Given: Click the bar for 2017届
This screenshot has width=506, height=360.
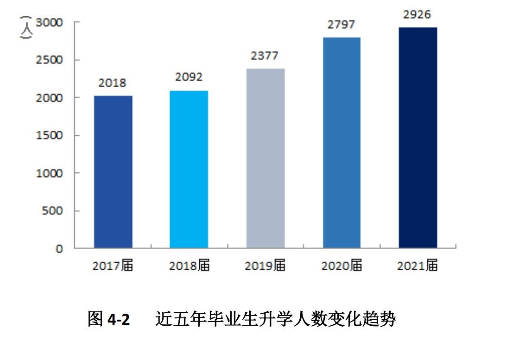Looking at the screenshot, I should (x=113, y=171).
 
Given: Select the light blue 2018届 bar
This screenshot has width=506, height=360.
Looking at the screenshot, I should (x=189, y=169).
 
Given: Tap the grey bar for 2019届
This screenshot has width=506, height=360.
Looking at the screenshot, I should (x=265, y=158).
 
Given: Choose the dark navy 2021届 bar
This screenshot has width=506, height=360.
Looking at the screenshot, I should (x=417, y=138).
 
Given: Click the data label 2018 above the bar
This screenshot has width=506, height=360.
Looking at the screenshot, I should (x=112, y=83).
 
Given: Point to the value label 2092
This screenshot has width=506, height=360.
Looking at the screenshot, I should (x=189, y=77).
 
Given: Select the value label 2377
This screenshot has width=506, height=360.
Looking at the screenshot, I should (x=265, y=56).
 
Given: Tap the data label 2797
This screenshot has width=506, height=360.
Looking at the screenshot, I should (x=342, y=25).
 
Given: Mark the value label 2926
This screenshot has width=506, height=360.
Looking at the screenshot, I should (x=417, y=14).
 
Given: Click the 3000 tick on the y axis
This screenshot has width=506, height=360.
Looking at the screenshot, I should (x=50, y=22).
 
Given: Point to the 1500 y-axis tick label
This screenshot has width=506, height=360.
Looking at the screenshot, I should (x=50, y=135).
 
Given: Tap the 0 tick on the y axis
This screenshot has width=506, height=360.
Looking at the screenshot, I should (x=59, y=249).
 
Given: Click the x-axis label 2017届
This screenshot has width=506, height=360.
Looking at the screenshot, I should (x=113, y=266).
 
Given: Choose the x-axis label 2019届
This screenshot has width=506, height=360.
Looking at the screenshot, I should (x=265, y=266).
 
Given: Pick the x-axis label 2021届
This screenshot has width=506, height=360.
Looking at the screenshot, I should (x=417, y=266).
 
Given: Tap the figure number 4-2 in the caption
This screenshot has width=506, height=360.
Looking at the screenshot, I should (x=119, y=320).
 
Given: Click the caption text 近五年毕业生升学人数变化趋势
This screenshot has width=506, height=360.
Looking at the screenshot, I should (x=275, y=320).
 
